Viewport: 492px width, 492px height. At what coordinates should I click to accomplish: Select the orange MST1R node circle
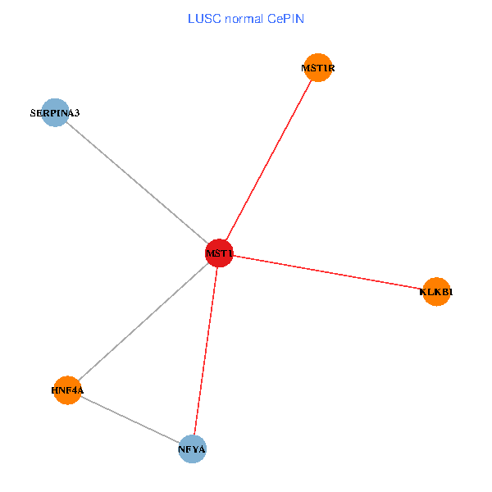317,68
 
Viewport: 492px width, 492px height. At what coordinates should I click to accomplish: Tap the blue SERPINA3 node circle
55,113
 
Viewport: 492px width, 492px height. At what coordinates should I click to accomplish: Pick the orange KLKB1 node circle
437,291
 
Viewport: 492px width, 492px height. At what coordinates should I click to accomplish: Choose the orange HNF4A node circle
67,389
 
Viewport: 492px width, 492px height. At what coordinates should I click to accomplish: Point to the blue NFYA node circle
192,449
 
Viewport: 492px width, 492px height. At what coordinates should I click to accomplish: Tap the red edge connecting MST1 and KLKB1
328,272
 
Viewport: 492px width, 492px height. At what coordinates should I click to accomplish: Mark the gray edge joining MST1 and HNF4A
143,321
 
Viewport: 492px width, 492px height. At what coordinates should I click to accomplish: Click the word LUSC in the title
203,18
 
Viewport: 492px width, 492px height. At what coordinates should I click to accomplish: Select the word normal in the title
246,18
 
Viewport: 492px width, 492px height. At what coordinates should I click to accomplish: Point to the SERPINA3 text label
55,113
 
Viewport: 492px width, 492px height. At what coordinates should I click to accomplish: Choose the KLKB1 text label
437,291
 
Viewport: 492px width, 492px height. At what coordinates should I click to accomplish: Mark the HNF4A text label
67,390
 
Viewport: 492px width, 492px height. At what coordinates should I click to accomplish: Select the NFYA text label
192,449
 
